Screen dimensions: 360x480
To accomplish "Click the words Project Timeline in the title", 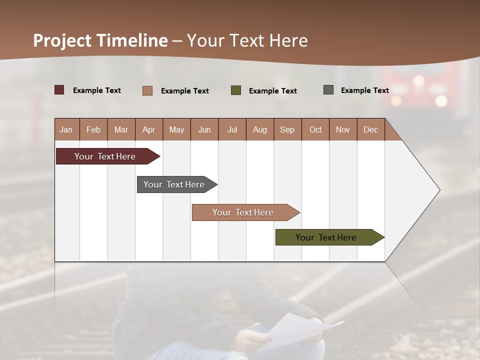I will click(x=100, y=40).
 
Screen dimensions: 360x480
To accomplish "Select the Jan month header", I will click(x=66, y=129).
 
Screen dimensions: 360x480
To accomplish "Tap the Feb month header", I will click(x=93, y=129).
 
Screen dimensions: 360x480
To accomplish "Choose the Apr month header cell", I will click(x=148, y=129).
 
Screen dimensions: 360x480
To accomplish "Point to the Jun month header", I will click(x=204, y=129).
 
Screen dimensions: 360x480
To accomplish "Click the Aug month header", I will click(x=259, y=129).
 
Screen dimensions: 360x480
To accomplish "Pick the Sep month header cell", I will click(x=287, y=129).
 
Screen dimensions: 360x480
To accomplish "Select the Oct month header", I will click(x=315, y=129).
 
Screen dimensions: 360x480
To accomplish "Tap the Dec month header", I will click(x=370, y=129).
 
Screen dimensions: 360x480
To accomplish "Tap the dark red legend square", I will click(x=59, y=90).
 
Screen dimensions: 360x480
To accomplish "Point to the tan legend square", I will click(x=147, y=90).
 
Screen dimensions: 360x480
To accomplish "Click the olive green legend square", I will click(x=236, y=90).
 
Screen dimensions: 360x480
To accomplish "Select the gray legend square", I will click(x=328, y=90).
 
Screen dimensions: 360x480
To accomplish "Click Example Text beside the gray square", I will click(x=364, y=90).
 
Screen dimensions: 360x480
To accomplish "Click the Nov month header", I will click(x=343, y=129).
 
